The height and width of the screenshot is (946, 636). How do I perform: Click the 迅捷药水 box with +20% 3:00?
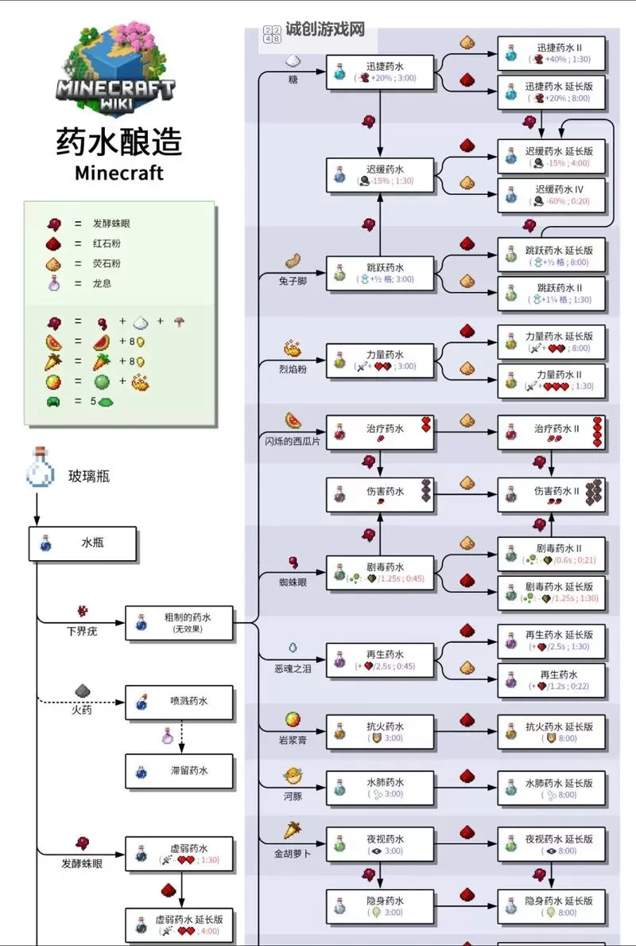point(381,72)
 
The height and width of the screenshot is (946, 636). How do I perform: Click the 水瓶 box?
point(83,543)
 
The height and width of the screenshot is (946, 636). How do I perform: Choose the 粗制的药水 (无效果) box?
point(179,622)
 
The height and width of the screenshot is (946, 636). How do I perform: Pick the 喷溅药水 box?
point(179,702)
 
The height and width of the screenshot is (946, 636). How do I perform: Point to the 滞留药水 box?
point(179,771)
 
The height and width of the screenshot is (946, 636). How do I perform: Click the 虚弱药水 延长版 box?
point(179,925)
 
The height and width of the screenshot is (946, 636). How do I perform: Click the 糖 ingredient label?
point(293,80)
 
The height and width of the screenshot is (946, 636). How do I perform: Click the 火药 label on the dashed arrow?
point(82,710)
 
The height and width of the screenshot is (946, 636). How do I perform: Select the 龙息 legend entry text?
point(102,283)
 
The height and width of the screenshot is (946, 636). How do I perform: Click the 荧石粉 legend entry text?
point(107,263)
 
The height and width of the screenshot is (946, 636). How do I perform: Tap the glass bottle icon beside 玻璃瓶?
point(39,467)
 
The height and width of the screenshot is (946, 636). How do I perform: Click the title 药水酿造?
point(119,142)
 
